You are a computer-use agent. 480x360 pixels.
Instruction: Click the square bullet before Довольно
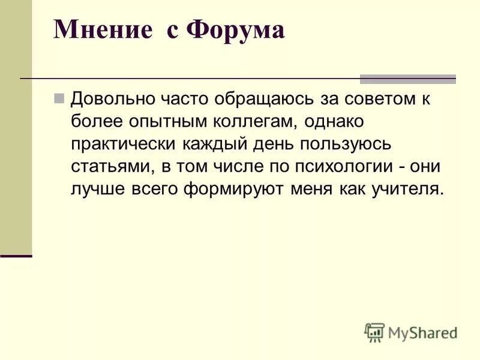59,97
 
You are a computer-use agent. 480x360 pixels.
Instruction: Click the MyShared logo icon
374,332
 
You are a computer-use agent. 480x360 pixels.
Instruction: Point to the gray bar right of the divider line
407,79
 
